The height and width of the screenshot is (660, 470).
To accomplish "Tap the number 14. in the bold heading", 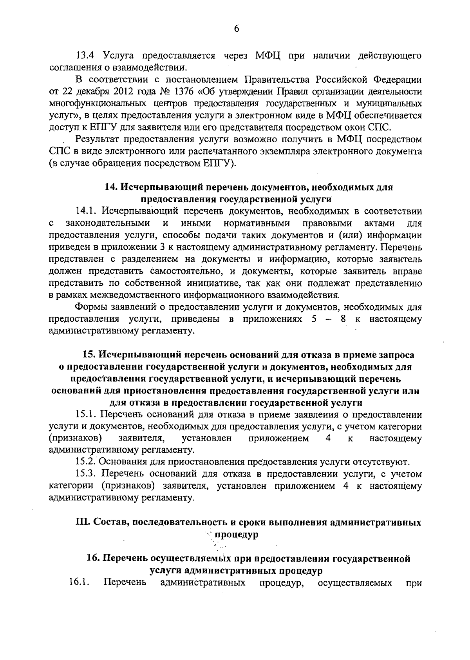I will pyautogui.click(x=111, y=187).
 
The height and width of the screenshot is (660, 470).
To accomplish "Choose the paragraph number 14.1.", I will pyautogui.click(x=86, y=211).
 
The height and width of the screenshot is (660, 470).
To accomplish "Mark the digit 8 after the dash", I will pyautogui.click(x=343, y=319).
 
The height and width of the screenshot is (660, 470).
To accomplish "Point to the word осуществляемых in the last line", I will pyautogui.click(x=355, y=582).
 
